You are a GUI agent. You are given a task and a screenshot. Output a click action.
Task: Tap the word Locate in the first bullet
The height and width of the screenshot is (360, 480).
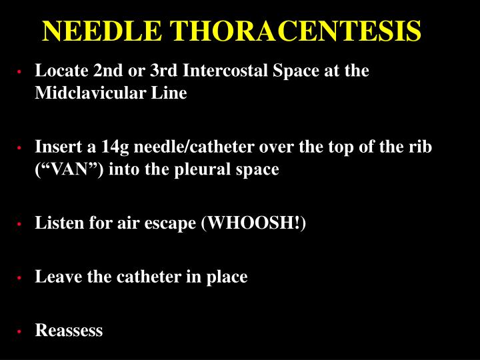(58, 71)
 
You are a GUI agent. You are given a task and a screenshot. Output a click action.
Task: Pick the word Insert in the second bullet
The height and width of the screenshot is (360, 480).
(55, 146)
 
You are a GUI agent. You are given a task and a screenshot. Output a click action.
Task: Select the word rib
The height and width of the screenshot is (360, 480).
(421, 146)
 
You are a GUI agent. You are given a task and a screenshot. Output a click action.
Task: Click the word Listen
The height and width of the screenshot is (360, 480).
(56, 223)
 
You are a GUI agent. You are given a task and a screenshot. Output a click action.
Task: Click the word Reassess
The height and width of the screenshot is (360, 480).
(69, 330)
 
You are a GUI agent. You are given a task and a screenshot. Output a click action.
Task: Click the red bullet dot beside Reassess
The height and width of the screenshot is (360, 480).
(21, 331)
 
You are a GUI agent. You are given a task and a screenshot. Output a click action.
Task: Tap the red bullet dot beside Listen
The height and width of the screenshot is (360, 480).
(21, 225)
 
